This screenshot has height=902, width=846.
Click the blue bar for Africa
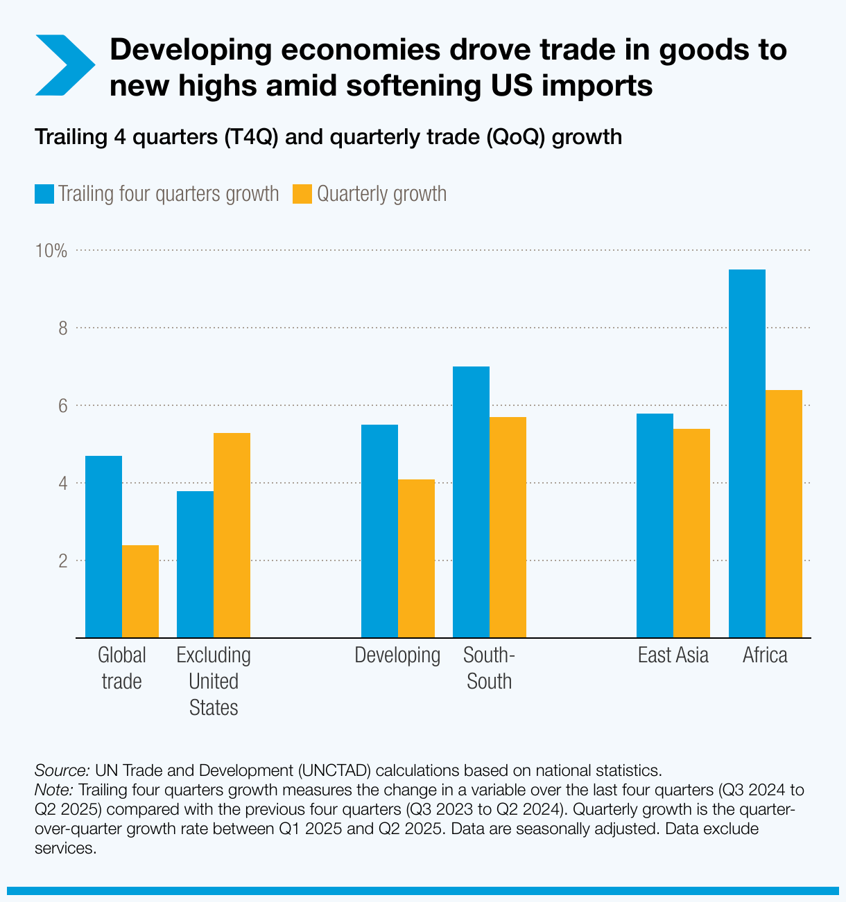pyautogui.click(x=747, y=454)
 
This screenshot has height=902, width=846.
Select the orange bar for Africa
pyautogui.click(x=784, y=514)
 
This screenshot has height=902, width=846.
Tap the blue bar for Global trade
pyautogui.click(x=103, y=547)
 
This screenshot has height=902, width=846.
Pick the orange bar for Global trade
pyautogui.click(x=140, y=592)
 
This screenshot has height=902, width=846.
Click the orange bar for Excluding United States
pyautogui.click(x=232, y=536)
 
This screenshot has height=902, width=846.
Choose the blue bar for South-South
pyautogui.click(x=471, y=502)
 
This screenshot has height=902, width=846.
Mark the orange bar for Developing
pyautogui.click(x=416, y=558)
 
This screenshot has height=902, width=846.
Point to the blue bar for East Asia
pyautogui.click(x=655, y=526)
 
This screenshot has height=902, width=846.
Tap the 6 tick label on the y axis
pyautogui.click(x=62, y=406)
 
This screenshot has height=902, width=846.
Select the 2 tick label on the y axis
pyautogui.click(x=62, y=561)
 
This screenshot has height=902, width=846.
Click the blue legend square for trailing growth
pyautogui.click(x=44, y=194)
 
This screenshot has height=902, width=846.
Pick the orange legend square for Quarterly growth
pyautogui.click(x=302, y=194)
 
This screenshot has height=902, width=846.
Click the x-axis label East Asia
pyautogui.click(x=673, y=655)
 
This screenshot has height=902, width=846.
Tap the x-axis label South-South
pyautogui.click(x=489, y=669)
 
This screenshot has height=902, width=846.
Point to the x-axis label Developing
pyautogui.click(x=397, y=655)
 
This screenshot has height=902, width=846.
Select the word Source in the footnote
pyautogui.click(x=61, y=770)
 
